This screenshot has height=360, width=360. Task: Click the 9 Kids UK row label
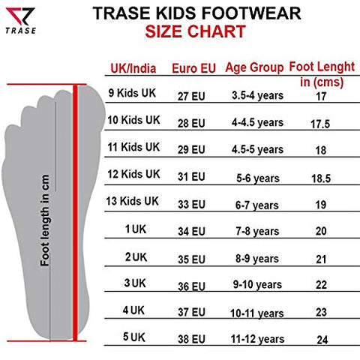tap(135, 93)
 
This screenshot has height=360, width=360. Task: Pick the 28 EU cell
tap(191, 121)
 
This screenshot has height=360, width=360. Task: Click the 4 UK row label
tap(135, 308)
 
